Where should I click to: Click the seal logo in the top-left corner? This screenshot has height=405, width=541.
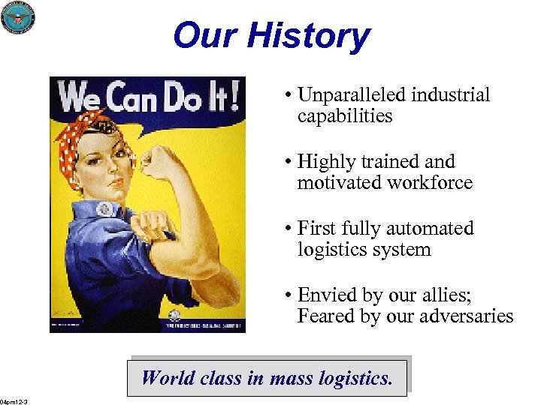click(18, 17)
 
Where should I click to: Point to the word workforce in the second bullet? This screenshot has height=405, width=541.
click(429, 182)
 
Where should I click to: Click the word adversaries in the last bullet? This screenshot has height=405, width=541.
click(467, 316)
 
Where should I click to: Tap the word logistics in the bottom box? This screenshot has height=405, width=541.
click(352, 377)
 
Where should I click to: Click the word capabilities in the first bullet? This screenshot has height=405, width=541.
click(345, 116)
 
